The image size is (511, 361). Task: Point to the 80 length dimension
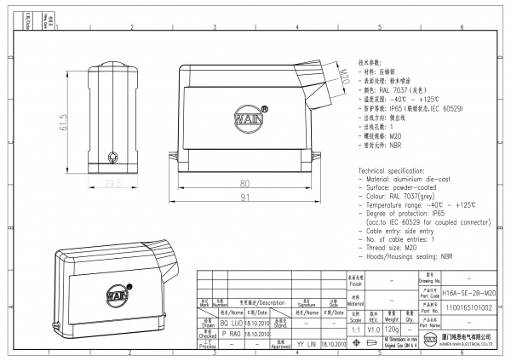click(244, 183)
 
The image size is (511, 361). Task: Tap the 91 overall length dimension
click(244, 198)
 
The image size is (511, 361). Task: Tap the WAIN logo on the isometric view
click(116, 294)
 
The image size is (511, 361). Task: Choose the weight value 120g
click(393, 329)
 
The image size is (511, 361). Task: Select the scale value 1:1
click(356, 329)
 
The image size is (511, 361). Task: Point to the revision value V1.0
click(373, 329)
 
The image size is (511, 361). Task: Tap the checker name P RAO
click(231, 335)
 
